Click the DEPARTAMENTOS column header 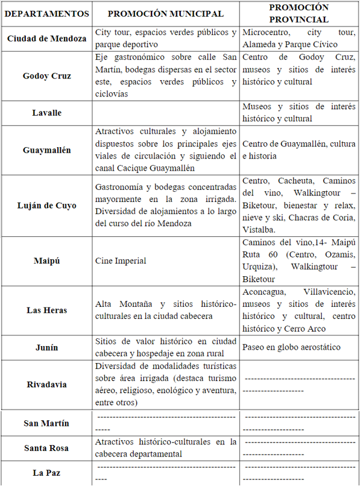(x=46, y=13)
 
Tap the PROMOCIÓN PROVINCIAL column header (x=298, y=13)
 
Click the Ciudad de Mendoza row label (x=46, y=39)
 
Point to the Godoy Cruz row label (x=46, y=76)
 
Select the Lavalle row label (x=46, y=113)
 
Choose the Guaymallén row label (x=46, y=150)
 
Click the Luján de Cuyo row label (x=46, y=206)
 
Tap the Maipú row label (x=46, y=261)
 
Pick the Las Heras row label (x=46, y=310)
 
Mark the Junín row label (x=46, y=347)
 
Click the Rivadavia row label (x=46, y=384)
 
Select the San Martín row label (x=46, y=423)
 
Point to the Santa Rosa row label (x=46, y=448)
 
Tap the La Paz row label (x=46, y=473)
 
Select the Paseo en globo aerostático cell (x=291, y=347)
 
